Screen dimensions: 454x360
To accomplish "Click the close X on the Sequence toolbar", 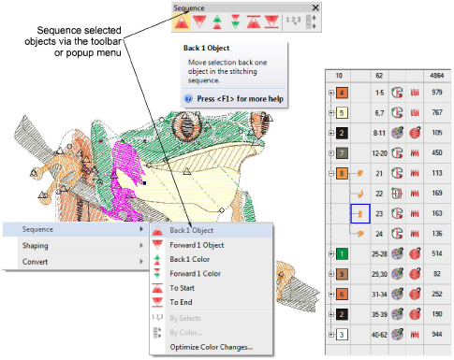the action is [x=315, y=7].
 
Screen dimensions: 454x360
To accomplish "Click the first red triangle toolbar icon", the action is [x=182, y=22].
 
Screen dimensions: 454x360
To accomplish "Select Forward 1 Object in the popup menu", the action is [x=197, y=245].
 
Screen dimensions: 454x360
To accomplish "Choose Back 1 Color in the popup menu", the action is [x=189, y=259].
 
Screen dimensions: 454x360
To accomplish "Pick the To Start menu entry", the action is [x=182, y=288].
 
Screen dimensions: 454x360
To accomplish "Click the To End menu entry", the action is [x=181, y=302].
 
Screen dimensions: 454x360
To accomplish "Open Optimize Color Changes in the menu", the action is [x=212, y=347].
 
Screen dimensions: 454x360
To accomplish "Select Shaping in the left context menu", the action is [x=36, y=246].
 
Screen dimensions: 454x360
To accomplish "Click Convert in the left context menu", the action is [x=35, y=262].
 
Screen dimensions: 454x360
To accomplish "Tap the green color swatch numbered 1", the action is [x=342, y=253].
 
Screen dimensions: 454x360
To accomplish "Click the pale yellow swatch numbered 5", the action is [x=342, y=112].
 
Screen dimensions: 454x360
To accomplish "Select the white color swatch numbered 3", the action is [x=342, y=335].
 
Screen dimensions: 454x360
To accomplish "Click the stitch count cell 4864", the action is [x=437, y=76].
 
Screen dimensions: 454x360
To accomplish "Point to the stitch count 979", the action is [x=437, y=93].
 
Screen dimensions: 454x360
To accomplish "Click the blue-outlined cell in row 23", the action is [x=360, y=213].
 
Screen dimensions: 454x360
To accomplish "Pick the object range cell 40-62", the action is [x=379, y=335].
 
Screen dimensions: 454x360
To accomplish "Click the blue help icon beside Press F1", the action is [x=188, y=98].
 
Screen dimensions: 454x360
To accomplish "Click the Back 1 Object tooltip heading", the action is [x=206, y=48].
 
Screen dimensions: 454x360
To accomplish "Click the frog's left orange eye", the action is [x=185, y=126].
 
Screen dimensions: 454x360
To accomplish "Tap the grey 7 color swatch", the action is [x=342, y=153].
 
